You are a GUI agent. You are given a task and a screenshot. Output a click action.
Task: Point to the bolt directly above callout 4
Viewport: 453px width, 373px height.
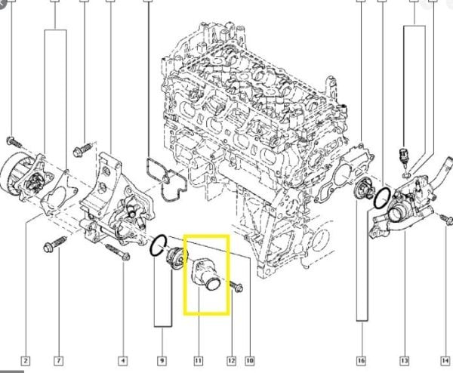(x=121, y=254)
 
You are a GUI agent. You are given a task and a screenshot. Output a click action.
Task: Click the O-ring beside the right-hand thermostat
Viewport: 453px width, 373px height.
(x=382, y=198)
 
